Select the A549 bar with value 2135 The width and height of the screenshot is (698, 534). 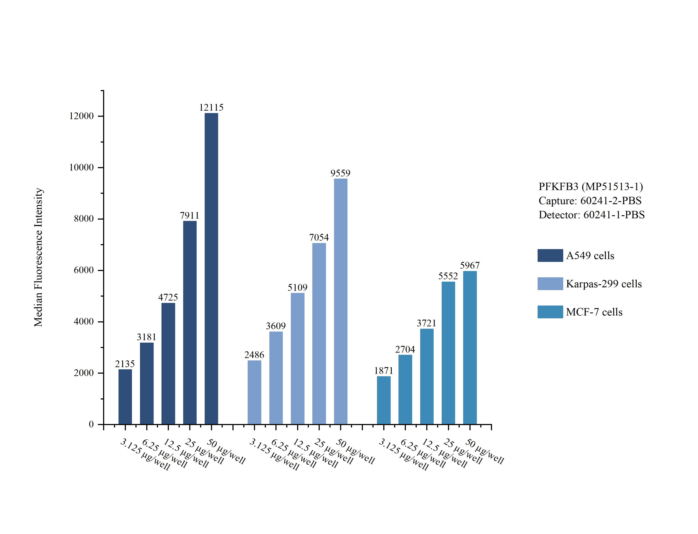click(x=125, y=397)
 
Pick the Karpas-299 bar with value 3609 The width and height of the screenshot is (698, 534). click(x=276, y=378)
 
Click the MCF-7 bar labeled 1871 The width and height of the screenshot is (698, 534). click(x=384, y=400)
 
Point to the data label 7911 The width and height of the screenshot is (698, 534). click(x=189, y=215)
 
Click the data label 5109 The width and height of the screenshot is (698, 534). click(x=298, y=288)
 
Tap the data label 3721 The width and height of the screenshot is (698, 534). click(x=426, y=323)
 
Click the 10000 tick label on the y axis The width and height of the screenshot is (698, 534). click(x=81, y=168)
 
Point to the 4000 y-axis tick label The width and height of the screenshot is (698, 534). click(x=84, y=322)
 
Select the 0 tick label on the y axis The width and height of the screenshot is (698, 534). click(x=91, y=424)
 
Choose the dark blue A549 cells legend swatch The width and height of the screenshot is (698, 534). click(x=550, y=256)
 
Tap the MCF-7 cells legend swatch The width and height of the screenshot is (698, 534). click(x=550, y=312)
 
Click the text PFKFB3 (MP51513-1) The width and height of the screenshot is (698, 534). click(x=591, y=187)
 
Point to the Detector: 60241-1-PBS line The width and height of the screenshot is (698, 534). click(x=591, y=215)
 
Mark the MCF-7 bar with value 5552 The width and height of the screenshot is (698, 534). click(x=448, y=353)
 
